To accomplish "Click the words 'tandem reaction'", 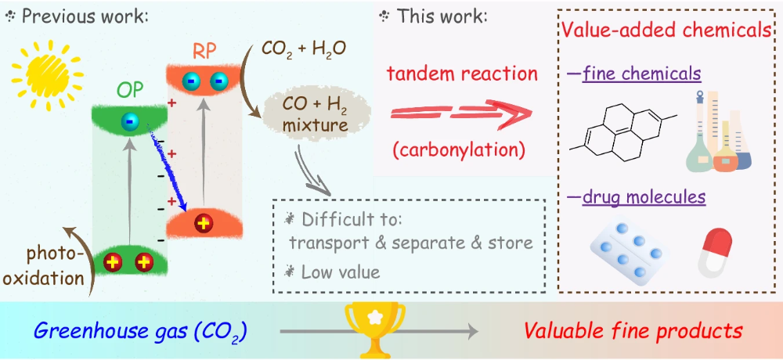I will (x=463, y=74).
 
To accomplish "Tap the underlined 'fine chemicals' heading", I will (x=641, y=74).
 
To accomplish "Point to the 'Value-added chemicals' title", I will (x=666, y=31).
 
